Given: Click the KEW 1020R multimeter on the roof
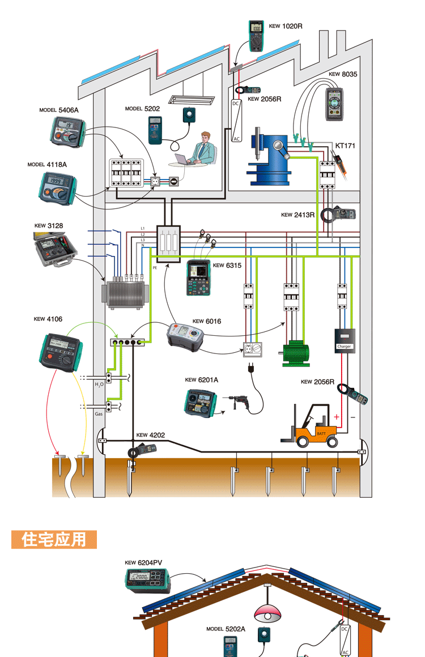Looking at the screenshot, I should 257,36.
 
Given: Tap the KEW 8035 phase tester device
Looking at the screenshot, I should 337,104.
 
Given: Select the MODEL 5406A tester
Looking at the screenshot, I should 67,130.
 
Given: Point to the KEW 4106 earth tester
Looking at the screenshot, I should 61,351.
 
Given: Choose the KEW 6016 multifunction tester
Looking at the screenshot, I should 185,335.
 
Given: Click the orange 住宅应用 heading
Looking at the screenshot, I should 54,539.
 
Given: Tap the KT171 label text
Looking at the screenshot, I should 345,146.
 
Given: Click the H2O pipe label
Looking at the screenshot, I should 100,385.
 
